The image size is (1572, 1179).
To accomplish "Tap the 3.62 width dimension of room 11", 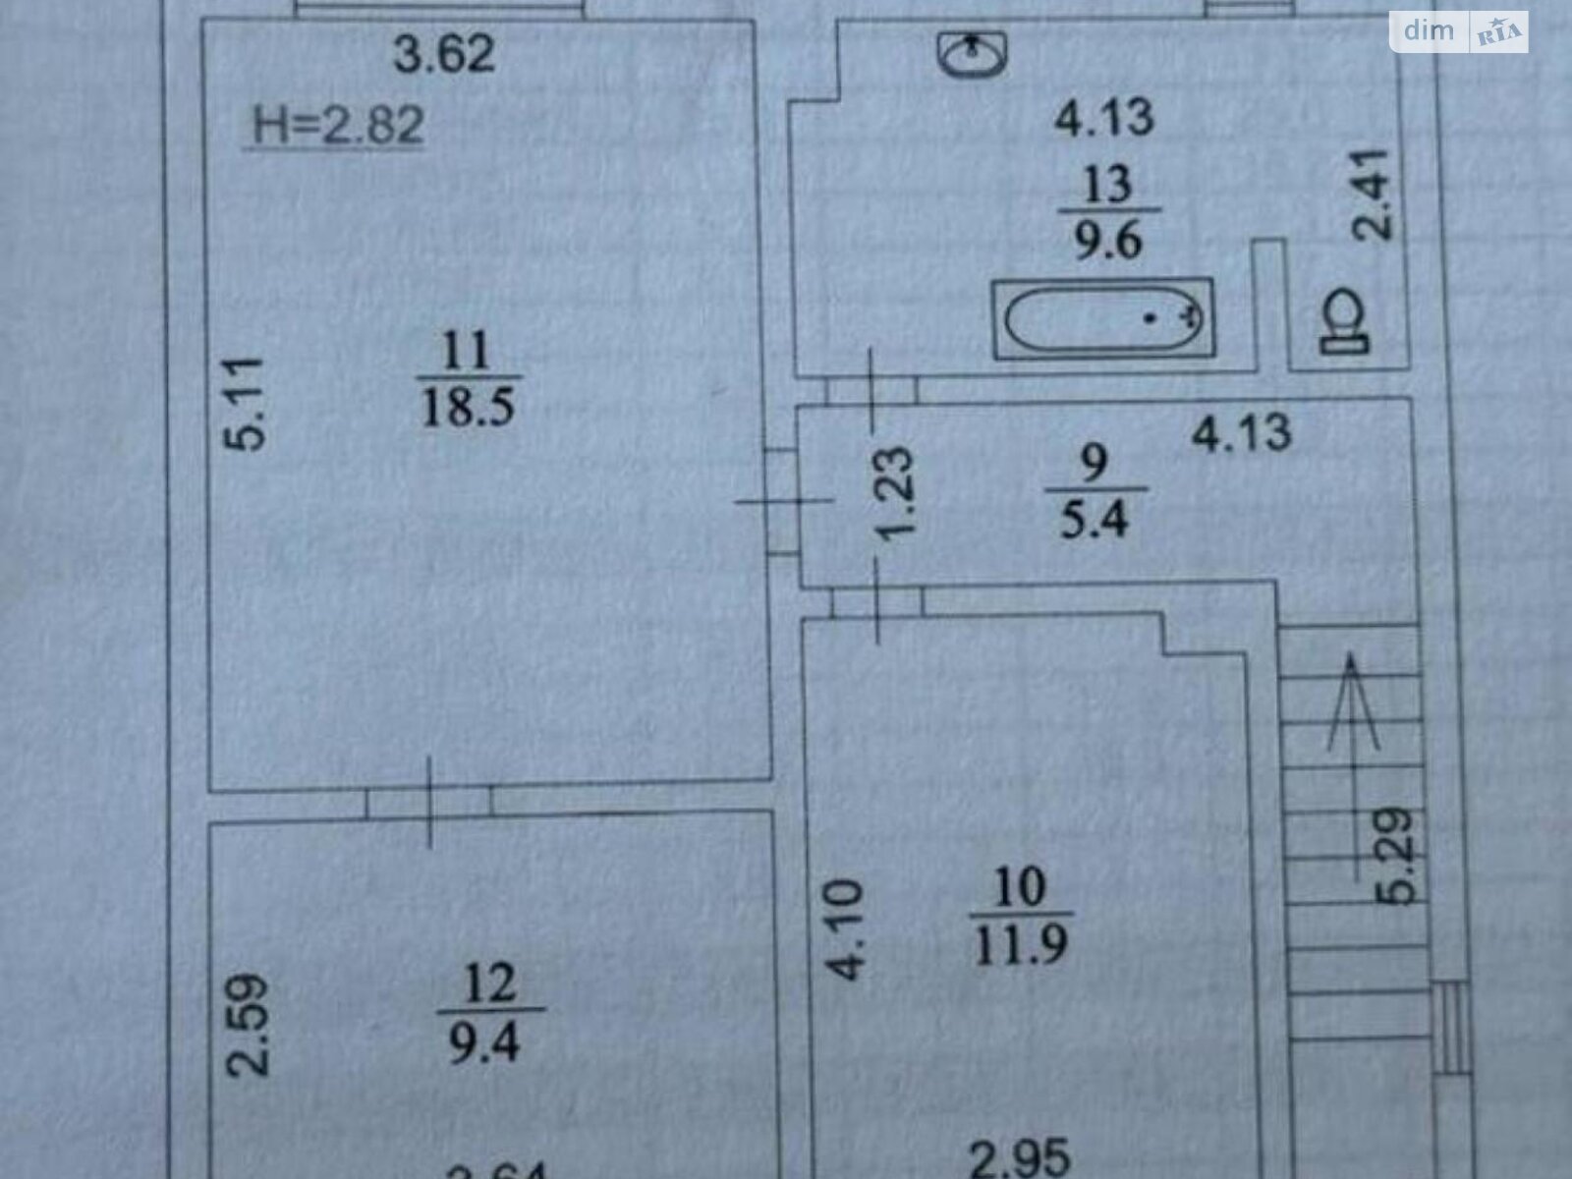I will click(x=444, y=54).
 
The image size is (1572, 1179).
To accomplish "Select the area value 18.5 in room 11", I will click(x=468, y=405).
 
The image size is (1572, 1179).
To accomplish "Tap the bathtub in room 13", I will click(x=1103, y=317).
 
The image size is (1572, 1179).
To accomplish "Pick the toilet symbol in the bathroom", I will click(x=1345, y=321).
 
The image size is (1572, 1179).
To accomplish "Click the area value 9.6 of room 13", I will click(x=1107, y=239).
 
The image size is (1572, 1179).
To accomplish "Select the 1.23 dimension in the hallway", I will click(x=896, y=492).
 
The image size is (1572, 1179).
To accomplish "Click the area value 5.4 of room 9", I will click(x=1094, y=517).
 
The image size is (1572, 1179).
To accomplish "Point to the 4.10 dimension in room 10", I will click(x=847, y=929).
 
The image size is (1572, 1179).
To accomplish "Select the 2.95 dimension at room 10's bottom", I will click(x=1020, y=1157).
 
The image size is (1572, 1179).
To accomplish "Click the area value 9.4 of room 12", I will click(x=485, y=1042).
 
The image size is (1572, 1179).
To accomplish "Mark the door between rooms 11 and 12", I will click(x=429, y=802).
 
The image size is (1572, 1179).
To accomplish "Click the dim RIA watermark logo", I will click(x=1458, y=32).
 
